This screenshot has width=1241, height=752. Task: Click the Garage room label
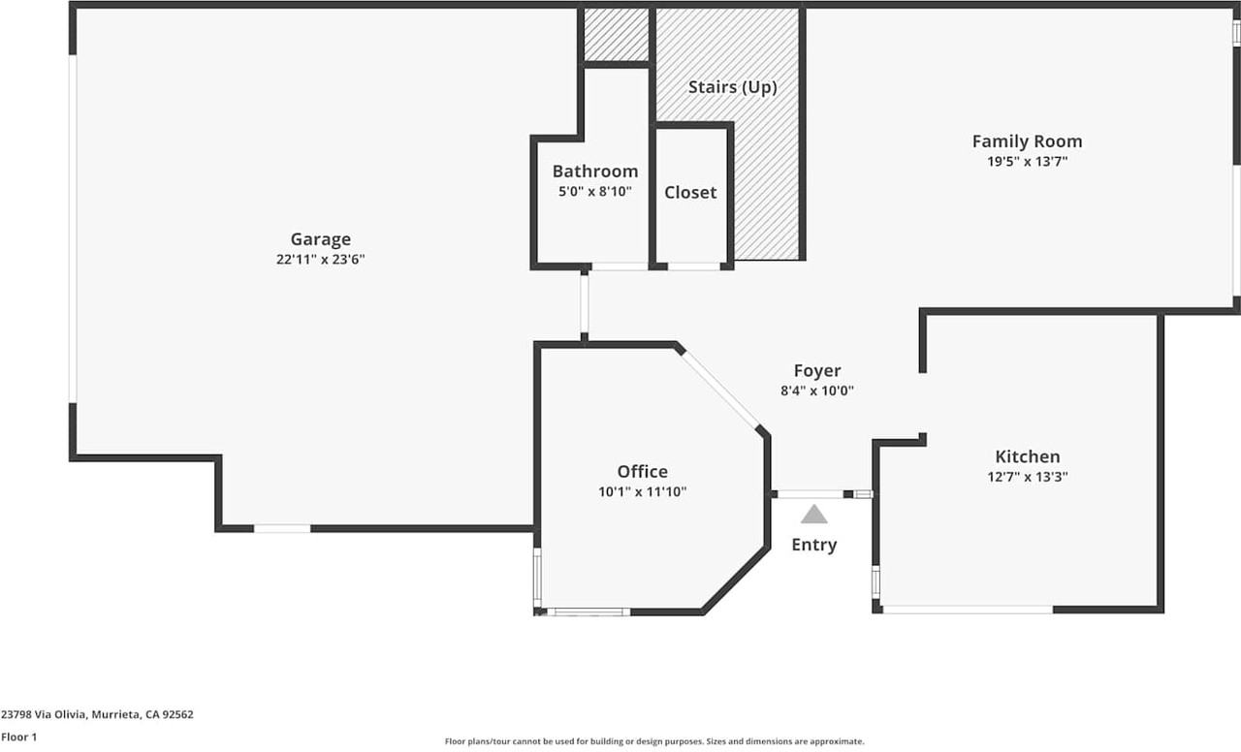tap(321, 239)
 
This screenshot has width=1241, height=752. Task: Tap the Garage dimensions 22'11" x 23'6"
tap(321, 259)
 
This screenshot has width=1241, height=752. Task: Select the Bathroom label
tap(595, 172)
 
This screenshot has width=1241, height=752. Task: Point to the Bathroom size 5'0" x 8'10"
tap(595, 192)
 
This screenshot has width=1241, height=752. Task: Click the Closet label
tap(690, 192)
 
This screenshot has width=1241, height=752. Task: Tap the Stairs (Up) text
tap(732, 87)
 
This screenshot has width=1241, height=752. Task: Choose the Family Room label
tap(1027, 141)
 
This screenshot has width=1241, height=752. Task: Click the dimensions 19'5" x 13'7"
tap(1027, 162)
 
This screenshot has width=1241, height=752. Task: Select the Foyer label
tap(817, 370)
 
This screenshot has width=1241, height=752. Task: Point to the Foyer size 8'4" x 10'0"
tap(817, 391)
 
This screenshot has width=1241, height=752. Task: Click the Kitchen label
tap(1028, 456)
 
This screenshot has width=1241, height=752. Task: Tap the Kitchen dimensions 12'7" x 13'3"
tap(1028, 477)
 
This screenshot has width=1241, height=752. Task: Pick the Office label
tap(643, 471)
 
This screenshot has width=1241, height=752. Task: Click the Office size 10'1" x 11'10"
tap(643, 491)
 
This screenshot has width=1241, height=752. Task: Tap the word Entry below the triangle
tap(813, 545)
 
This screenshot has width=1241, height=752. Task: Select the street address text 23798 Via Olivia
tap(44, 714)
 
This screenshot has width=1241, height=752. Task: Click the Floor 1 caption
tap(18, 737)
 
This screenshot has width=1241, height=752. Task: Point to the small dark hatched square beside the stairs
tap(616, 34)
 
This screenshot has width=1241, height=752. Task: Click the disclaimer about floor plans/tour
tap(654, 741)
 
